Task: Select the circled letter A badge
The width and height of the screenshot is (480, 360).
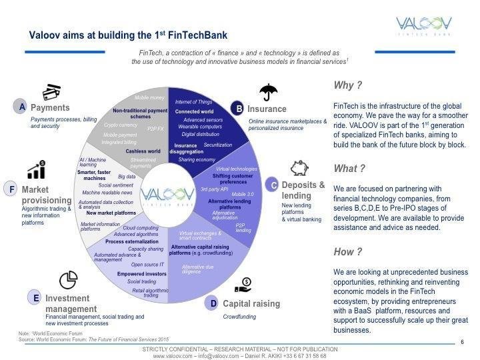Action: (x=22, y=107)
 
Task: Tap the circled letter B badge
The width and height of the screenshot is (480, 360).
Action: (x=238, y=108)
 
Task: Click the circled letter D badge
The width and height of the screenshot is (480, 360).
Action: (x=213, y=304)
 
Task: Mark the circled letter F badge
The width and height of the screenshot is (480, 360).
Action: (x=11, y=189)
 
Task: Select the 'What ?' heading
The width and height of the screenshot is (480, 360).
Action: (x=349, y=169)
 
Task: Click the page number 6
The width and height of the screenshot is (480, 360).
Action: (x=462, y=343)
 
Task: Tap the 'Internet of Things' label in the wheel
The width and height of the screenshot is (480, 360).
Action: (x=193, y=101)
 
